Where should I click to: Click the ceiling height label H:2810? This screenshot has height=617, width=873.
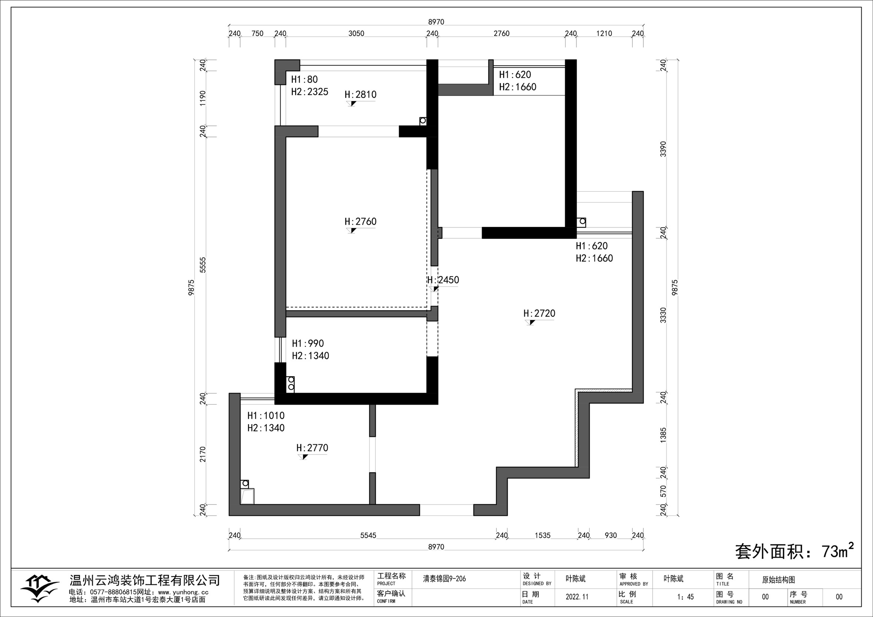click(x=360, y=94)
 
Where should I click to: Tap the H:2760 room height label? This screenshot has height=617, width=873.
click(x=360, y=221)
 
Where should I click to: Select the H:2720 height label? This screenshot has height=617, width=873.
click(x=539, y=313)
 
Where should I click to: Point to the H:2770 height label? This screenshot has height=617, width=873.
click(x=312, y=448)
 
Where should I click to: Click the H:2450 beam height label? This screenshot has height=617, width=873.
click(x=443, y=280)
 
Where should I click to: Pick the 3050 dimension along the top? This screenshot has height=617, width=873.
click(x=356, y=33)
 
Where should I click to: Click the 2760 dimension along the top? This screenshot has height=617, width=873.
click(x=501, y=33)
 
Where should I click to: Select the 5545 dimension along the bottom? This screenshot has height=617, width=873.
click(x=368, y=535)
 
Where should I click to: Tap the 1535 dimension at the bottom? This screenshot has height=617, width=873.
click(x=543, y=535)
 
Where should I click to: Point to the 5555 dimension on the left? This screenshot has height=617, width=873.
click(x=202, y=265)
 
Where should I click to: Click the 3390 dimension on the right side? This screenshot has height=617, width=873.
click(x=663, y=149)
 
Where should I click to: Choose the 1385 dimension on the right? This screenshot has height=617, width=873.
click(x=663, y=435)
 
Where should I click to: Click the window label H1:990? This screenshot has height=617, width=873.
click(x=307, y=343)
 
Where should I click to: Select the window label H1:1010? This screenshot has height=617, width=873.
click(x=266, y=416)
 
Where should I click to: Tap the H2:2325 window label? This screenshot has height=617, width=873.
click(x=310, y=92)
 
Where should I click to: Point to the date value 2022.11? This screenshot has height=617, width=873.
click(x=577, y=597)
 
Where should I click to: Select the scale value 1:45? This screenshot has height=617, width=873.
click(x=685, y=597)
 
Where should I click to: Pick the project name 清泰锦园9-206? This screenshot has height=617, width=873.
click(x=444, y=579)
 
